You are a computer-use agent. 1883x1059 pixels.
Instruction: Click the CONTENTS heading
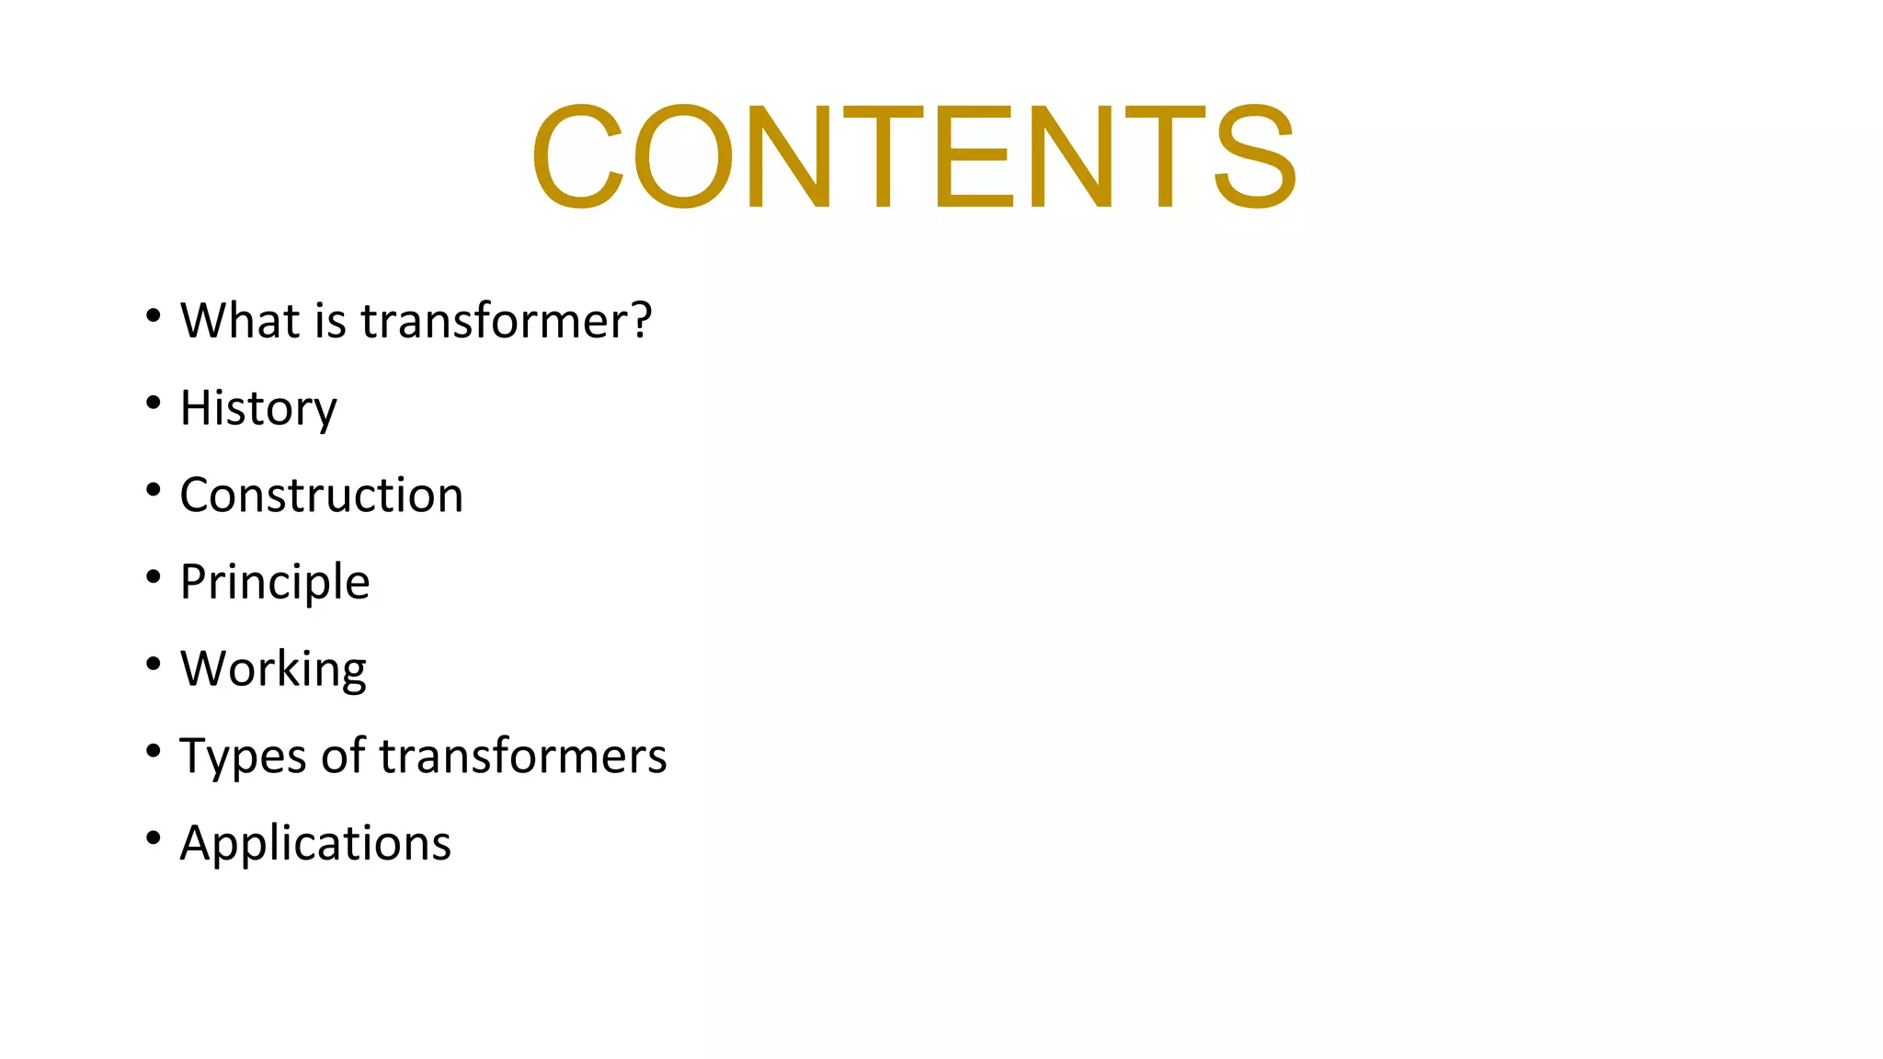(x=914, y=156)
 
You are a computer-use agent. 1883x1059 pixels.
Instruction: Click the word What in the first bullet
(x=241, y=321)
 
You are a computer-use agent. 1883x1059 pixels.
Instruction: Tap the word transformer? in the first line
(x=506, y=321)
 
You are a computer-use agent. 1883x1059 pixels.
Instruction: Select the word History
(x=258, y=408)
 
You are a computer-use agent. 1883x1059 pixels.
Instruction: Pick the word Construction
(x=322, y=495)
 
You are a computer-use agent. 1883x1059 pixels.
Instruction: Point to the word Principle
(x=275, y=582)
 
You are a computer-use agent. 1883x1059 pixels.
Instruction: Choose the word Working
(x=273, y=669)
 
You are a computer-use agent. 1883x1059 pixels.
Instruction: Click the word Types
(x=243, y=757)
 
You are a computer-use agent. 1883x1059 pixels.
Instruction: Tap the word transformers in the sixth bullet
(x=523, y=757)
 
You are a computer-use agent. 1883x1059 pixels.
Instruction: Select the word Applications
(x=315, y=844)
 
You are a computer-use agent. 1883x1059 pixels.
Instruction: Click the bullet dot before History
(x=154, y=403)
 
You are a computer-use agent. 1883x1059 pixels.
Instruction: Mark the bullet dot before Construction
(x=154, y=490)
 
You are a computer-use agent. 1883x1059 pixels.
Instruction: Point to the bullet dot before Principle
(x=154, y=577)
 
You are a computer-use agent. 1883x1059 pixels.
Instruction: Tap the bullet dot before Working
(x=154, y=664)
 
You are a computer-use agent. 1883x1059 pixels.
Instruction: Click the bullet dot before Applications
(x=154, y=838)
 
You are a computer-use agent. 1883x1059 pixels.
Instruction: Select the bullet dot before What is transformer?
(x=154, y=316)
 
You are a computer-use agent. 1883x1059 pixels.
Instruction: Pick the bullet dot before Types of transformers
(x=154, y=751)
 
